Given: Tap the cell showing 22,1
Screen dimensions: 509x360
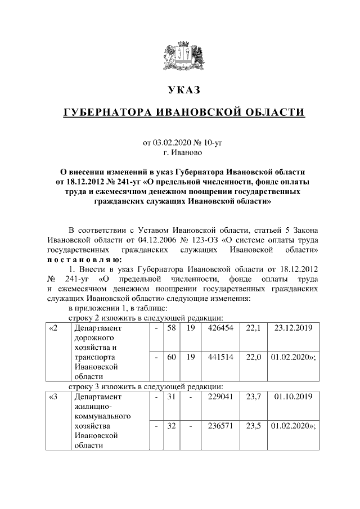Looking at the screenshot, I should (x=254, y=328).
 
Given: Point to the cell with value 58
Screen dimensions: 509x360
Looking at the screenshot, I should (x=172, y=328).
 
